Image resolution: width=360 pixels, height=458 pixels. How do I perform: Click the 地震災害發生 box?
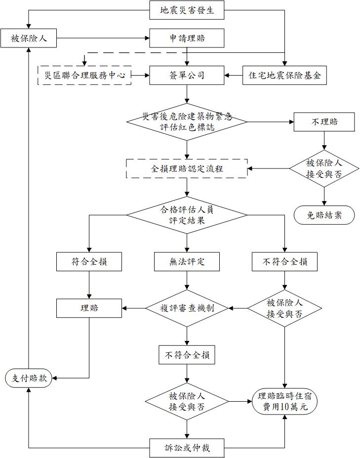187,10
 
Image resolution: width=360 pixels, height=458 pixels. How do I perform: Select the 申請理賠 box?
187,38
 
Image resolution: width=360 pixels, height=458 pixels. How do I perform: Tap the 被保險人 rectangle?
29,38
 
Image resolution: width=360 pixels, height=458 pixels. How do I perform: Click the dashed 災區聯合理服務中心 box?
84,75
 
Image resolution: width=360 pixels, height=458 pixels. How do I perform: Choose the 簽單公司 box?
187,75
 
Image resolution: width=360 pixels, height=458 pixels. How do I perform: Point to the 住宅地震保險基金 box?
284,75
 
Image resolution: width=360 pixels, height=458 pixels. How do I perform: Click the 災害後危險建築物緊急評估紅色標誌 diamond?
187,121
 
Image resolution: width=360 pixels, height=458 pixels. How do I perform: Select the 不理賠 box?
324,122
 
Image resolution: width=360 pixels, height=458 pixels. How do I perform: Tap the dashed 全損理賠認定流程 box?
187,168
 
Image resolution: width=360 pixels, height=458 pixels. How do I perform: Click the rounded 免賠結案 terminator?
324,215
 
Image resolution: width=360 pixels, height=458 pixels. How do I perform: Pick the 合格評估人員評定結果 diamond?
187,214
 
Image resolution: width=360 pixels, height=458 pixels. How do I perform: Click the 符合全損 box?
89,262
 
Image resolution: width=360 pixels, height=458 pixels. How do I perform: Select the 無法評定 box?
187,262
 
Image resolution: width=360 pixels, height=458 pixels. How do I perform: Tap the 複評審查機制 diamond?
187,308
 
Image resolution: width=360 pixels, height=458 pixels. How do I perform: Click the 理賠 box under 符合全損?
89,308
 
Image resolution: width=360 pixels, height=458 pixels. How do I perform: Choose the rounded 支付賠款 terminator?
29,378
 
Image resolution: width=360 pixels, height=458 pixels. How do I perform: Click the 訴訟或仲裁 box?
187,448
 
